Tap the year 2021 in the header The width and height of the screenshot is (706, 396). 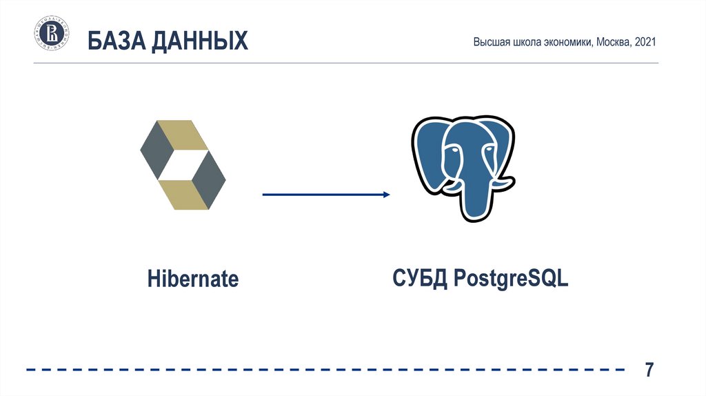tap(645, 43)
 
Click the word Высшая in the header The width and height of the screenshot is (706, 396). tap(491, 43)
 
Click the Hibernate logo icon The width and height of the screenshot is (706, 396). tap(183, 166)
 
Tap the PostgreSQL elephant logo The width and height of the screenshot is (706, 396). tap(461, 168)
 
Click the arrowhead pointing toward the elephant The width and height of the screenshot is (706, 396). tap(385, 195)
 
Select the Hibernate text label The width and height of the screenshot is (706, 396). tap(193, 279)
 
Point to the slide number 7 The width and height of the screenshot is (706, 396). tap(649, 370)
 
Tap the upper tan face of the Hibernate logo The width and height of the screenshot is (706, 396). tap(181, 135)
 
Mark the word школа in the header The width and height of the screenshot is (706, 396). tap(523, 43)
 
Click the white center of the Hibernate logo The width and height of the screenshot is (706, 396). tap(183, 166)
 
